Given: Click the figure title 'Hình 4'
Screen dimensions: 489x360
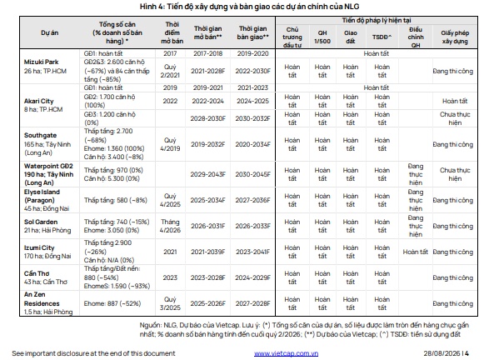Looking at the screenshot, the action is [152, 6].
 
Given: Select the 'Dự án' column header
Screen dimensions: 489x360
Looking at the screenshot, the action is [50, 32].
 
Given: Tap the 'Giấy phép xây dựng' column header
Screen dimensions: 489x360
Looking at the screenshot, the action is [455, 37].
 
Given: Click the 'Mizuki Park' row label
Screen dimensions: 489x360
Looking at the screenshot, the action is [41, 62].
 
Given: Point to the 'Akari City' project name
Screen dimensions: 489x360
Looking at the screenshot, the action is [38, 101].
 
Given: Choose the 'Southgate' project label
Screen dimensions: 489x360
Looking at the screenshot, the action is [40, 135].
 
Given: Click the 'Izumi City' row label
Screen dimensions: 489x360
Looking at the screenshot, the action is [39, 247].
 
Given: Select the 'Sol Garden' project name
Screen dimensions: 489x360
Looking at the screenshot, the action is [41, 222].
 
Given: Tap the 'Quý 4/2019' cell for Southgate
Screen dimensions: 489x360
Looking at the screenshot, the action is [170, 144].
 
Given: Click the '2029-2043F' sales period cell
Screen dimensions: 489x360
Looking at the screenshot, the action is [207, 174].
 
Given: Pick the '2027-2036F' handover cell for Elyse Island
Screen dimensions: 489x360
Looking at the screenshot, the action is [252, 200].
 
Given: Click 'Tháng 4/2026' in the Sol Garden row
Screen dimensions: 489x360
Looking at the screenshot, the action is [170, 226].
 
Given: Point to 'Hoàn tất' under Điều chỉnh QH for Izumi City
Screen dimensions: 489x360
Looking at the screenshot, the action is [416, 252].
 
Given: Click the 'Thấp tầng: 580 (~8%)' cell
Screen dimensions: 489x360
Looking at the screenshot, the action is [116, 200].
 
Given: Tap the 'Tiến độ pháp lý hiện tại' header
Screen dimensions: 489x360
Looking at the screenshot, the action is [377, 20].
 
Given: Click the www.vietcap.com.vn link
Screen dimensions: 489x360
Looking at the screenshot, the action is [286, 353].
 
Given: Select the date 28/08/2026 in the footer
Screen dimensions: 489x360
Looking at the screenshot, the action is [442, 353].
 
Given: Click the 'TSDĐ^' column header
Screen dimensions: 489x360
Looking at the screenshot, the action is [382, 37].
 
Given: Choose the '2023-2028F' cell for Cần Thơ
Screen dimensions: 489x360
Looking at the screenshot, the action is [207, 277].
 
